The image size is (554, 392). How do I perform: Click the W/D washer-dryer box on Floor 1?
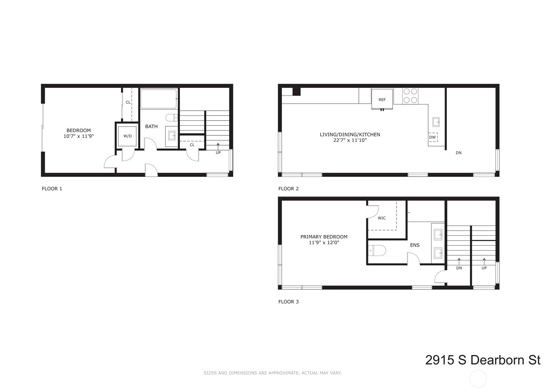click(x=127, y=136)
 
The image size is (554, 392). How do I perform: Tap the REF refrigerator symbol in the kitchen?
click(x=382, y=99)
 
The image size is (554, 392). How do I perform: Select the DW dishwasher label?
click(x=432, y=137)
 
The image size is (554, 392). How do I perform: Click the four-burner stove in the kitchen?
click(x=410, y=95)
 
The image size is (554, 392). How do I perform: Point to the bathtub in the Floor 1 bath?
click(x=158, y=99)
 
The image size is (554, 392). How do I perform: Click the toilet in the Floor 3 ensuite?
click(x=377, y=251)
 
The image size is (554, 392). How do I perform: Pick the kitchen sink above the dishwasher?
click(x=435, y=122)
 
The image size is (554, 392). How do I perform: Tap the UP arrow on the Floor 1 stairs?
click(x=218, y=146)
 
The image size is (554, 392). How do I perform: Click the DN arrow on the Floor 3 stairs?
click(x=459, y=262)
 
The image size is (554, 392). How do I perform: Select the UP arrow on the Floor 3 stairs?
click(x=484, y=262)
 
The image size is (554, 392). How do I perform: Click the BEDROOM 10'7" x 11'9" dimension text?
click(x=78, y=136)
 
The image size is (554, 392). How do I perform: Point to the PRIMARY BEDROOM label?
click(x=324, y=237)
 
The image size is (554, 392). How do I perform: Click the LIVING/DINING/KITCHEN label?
click(x=350, y=134)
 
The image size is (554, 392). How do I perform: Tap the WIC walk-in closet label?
click(x=381, y=218)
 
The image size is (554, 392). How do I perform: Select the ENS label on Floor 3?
click(x=415, y=245)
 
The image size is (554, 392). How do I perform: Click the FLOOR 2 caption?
click(x=288, y=189)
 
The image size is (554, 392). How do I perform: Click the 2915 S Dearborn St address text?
click(x=482, y=360)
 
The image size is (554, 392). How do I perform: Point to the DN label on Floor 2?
click(x=458, y=153)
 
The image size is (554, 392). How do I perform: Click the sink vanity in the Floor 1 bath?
click(x=172, y=136)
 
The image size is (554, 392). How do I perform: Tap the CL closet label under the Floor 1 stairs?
click(x=192, y=145)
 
